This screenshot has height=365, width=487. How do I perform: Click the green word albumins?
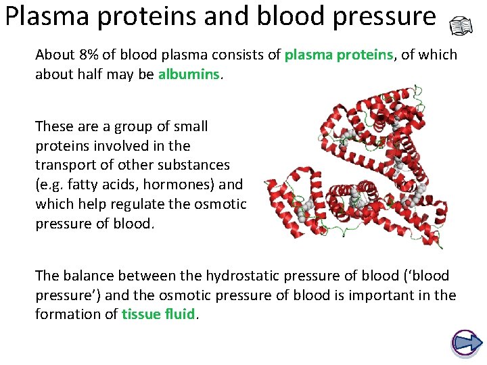pyautogui.click(x=189, y=74)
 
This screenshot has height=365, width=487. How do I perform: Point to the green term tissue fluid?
pyautogui.click(x=158, y=314)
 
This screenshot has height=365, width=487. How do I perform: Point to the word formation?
pyautogui.click(x=69, y=314)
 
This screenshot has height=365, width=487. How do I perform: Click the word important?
pyautogui.click(x=392, y=295)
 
